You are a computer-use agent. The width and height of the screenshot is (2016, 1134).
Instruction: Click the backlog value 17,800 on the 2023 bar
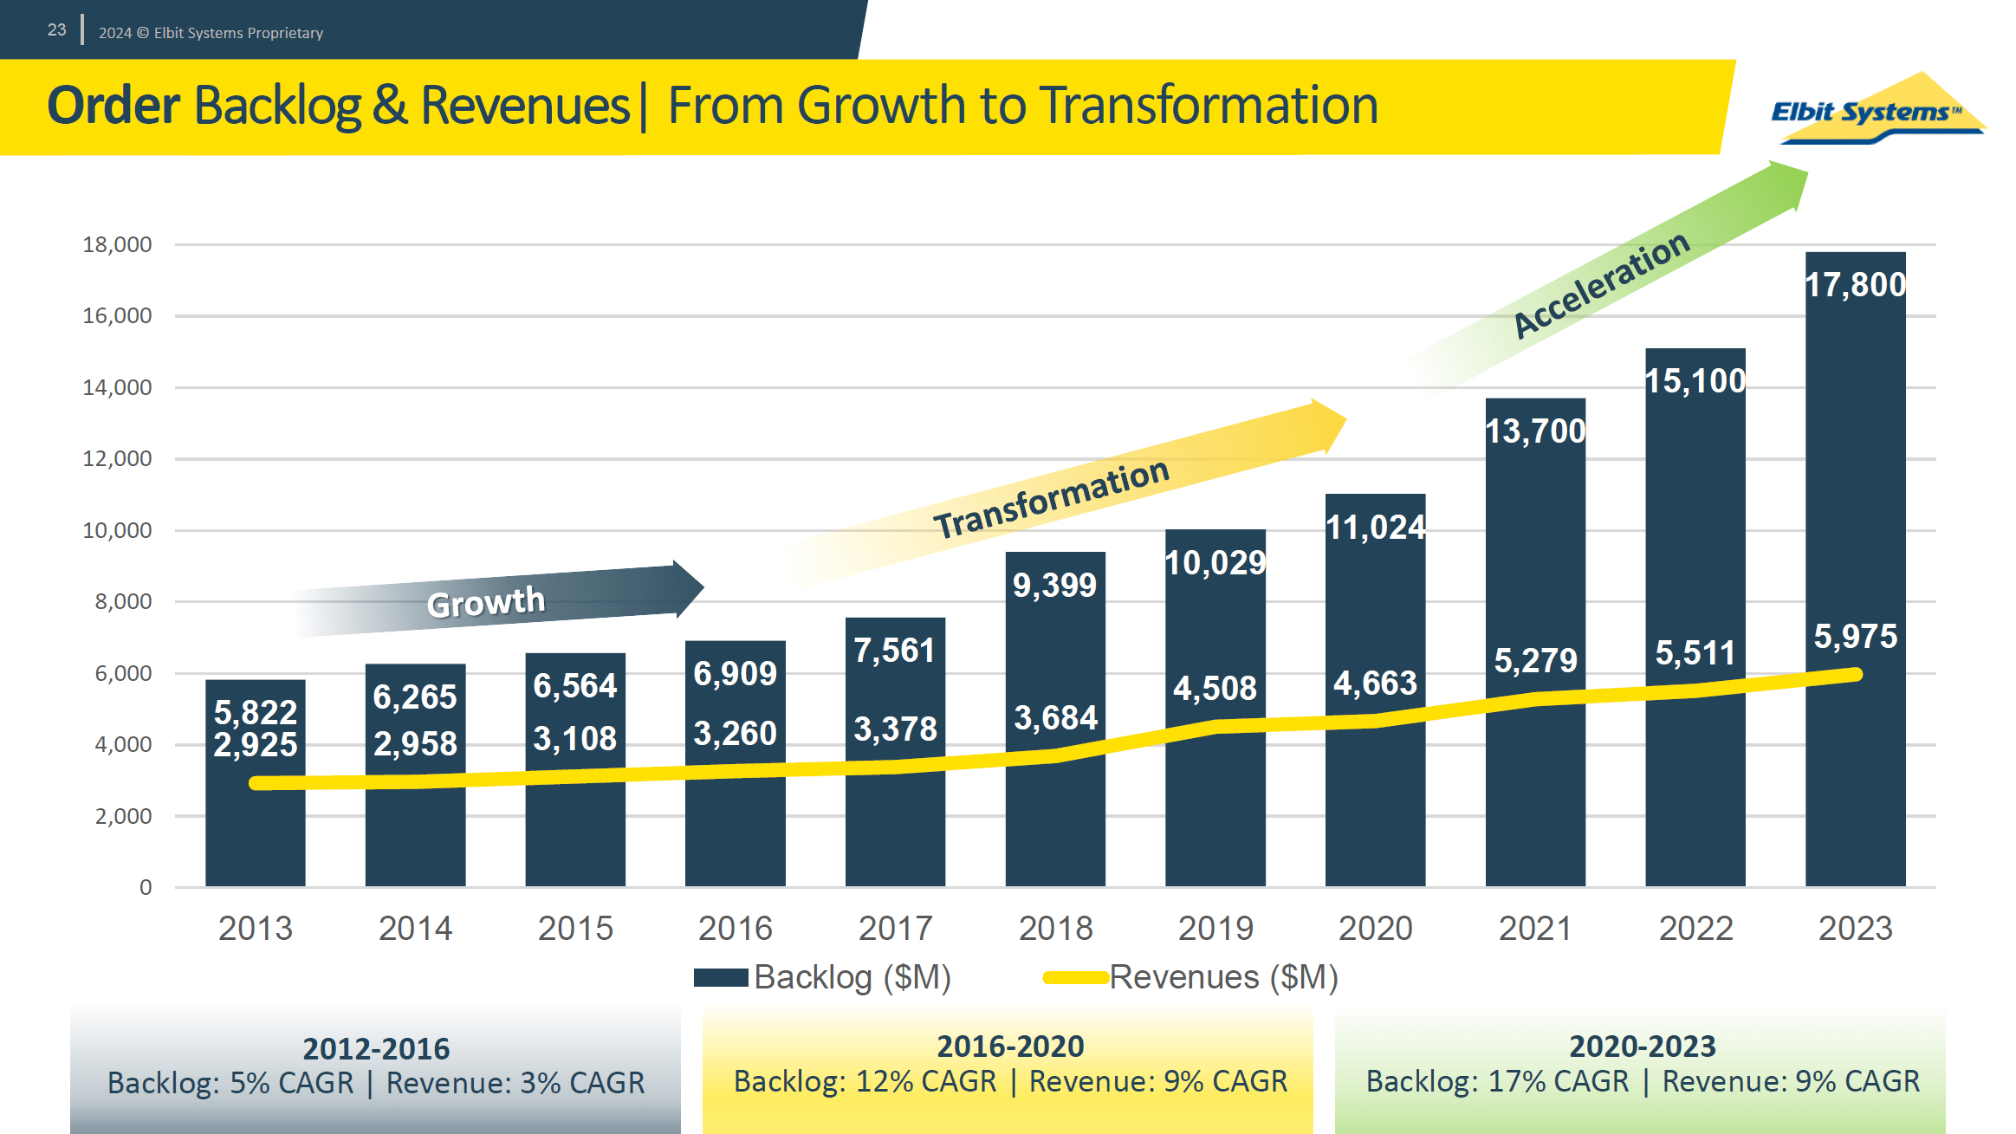1855,285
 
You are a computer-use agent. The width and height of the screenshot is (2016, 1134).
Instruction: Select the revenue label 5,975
1855,637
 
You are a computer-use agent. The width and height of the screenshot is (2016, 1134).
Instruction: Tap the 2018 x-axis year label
1055,929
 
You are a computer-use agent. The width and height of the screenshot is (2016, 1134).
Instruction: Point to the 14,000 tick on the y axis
117,387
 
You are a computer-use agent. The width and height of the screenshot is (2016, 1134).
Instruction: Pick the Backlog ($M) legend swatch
721,977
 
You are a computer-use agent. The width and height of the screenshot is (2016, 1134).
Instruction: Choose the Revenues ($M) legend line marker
1075,977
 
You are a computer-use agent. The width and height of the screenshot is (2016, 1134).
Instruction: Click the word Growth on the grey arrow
486,602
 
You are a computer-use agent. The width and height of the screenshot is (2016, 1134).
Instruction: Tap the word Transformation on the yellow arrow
1051,500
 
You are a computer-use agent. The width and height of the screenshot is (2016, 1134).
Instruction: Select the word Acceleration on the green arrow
1601,283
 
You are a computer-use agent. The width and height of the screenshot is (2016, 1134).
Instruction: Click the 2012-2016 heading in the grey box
376,1049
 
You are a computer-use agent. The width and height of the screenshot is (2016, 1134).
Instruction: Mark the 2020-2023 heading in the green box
1642,1047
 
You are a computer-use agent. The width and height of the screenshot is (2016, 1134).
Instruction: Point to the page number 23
57,30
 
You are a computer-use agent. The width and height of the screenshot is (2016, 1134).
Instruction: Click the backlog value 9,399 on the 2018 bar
1054,586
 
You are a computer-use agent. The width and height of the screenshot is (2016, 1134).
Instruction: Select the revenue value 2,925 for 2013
256,745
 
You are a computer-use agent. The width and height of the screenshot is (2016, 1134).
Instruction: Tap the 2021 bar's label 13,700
1534,431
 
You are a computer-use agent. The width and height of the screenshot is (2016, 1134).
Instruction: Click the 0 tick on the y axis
146,887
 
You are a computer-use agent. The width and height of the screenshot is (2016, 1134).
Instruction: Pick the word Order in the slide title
113,106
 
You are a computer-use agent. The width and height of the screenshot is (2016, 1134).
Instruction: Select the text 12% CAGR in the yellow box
926,1081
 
